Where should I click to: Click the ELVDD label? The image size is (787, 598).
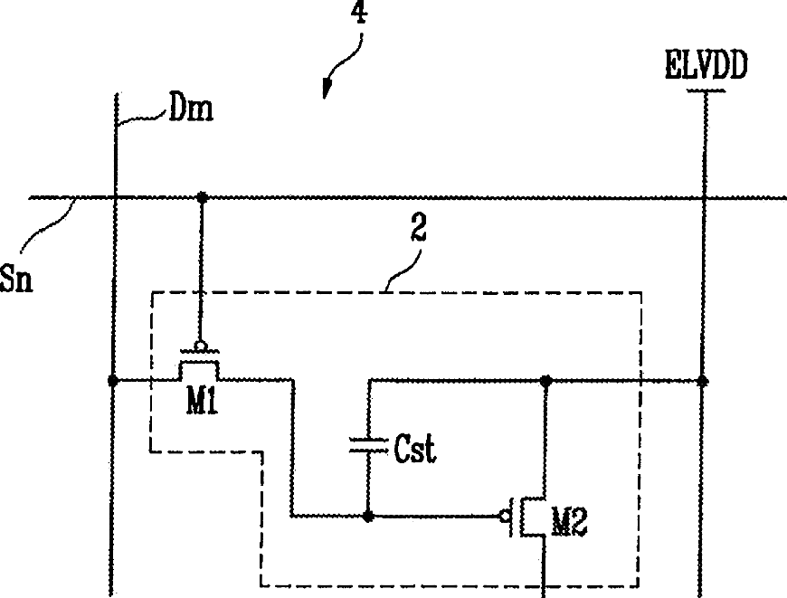(706, 65)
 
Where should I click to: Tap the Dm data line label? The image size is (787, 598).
(191, 108)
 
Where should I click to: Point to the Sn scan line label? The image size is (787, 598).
(16, 279)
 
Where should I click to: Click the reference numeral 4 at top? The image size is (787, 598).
(359, 12)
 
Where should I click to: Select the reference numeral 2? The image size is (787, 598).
(418, 228)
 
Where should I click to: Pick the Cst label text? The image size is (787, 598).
(415, 449)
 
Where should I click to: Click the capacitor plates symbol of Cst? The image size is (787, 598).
(368, 445)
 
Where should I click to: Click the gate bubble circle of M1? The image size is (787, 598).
(201, 346)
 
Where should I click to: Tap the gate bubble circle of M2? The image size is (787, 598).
(505, 516)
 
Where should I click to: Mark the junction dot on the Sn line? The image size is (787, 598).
(203, 197)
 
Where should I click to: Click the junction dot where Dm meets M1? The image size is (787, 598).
(113, 381)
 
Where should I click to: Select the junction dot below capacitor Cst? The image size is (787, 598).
(368, 516)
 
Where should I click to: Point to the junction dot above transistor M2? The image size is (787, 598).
(546, 380)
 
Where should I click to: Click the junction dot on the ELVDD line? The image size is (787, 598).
(703, 381)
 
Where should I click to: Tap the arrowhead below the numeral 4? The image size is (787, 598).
(327, 89)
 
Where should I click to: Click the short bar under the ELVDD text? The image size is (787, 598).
(706, 90)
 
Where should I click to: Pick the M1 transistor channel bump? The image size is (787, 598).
(199, 371)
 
